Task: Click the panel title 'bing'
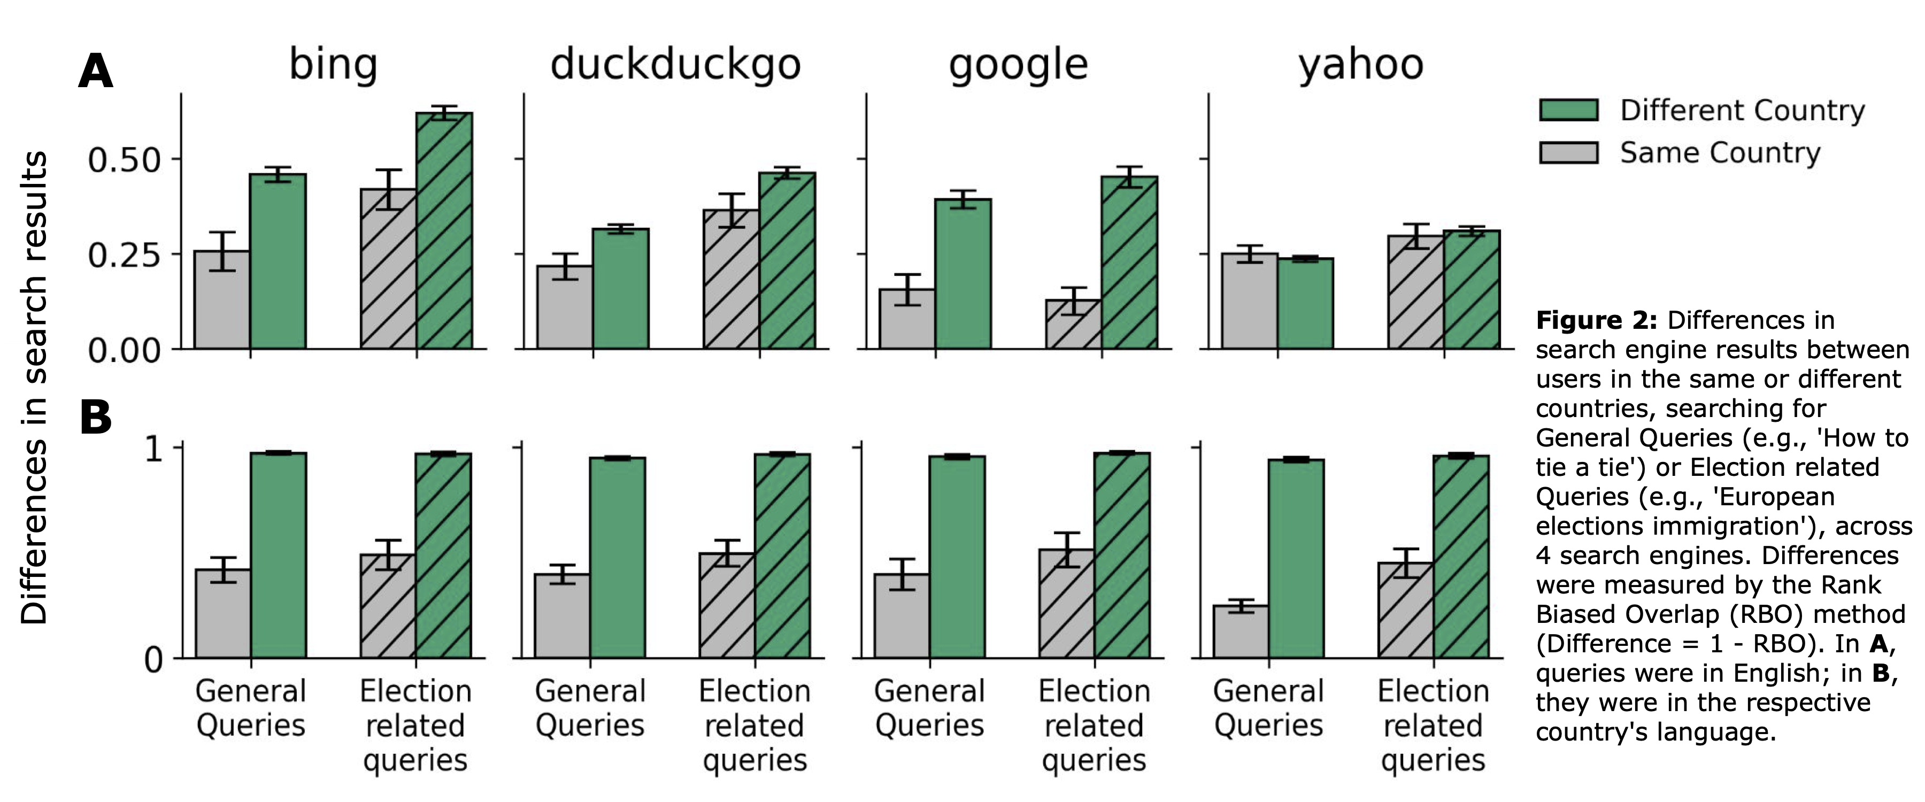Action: (333, 64)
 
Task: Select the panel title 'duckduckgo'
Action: (675, 64)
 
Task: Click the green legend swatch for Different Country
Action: (1568, 110)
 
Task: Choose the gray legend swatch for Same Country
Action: (1568, 152)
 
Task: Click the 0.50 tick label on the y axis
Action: (124, 159)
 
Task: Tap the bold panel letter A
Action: (96, 72)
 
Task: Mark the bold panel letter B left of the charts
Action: (96, 417)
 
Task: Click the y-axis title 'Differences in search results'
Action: (34, 387)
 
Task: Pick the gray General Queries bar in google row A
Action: (906, 319)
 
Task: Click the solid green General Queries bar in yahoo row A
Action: (1305, 304)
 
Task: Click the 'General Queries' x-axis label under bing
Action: (250, 708)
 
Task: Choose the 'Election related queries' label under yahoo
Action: (1433, 724)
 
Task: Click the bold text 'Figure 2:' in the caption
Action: (1596, 320)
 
